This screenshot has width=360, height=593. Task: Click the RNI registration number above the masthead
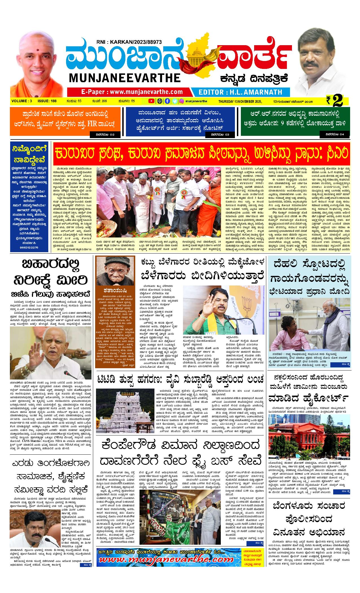tap(129, 42)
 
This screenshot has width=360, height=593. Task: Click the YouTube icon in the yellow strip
tap(152, 101)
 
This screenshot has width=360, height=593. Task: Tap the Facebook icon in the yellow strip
tap(167, 101)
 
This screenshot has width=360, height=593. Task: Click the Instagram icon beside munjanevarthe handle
tap(182, 101)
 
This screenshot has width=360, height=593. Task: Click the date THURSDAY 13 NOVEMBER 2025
tap(240, 101)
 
